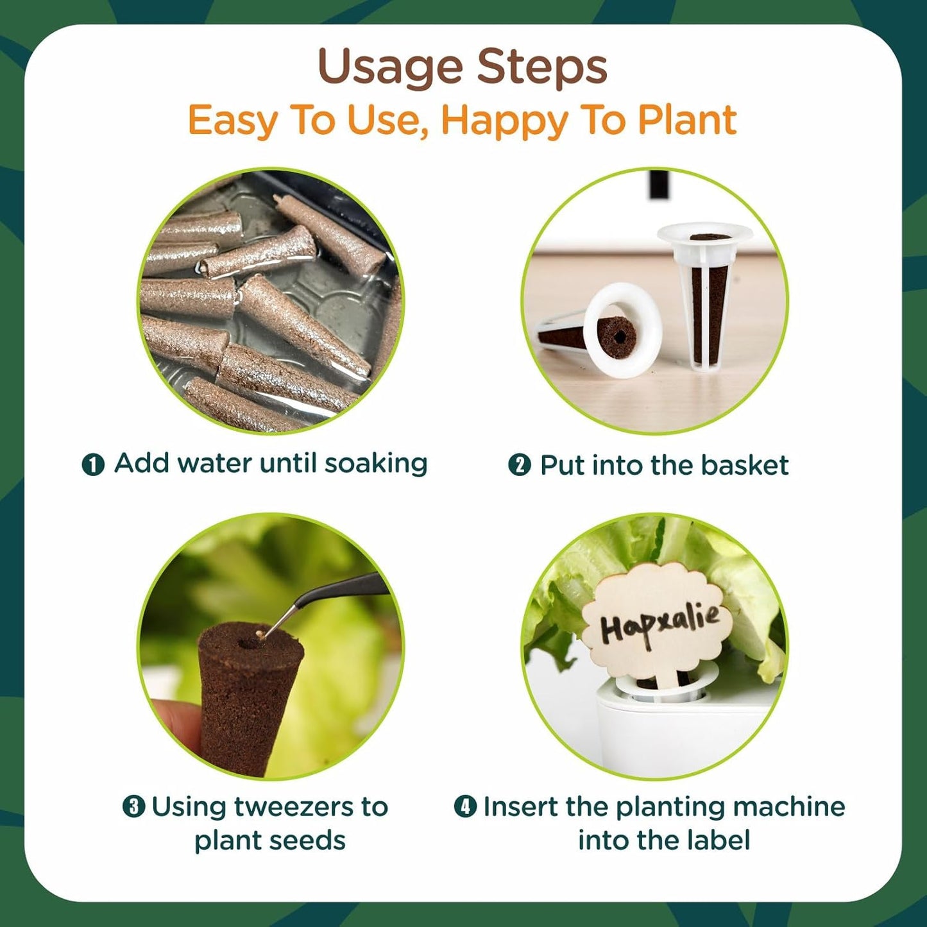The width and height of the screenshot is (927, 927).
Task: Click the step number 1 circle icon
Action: tap(93, 464)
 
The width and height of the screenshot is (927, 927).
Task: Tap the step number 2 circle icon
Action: tap(519, 464)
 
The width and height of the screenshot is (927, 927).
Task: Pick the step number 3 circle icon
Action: tap(133, 806)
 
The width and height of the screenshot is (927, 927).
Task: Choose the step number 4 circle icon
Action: tap(465, 806)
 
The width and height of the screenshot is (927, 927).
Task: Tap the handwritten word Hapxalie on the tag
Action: tap(659, 623)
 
